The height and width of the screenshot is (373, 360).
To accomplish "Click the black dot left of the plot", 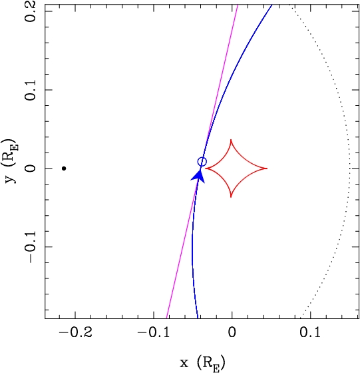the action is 64,169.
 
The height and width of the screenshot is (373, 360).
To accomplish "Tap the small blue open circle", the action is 202,162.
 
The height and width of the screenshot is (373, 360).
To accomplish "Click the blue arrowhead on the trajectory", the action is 199,176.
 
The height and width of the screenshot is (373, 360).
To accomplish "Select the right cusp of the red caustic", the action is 267,169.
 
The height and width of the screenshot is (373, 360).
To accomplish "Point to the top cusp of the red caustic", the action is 231,140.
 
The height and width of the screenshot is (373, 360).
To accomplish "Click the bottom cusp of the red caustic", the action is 231,197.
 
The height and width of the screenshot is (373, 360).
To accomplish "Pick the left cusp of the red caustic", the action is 206,169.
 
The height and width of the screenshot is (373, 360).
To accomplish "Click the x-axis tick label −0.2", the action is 75,332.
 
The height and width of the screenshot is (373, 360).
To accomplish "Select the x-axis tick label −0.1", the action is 154,332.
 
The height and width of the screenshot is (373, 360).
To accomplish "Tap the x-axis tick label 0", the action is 232,332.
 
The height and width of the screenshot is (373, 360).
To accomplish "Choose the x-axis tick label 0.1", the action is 310,332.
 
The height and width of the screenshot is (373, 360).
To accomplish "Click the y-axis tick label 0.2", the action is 30,11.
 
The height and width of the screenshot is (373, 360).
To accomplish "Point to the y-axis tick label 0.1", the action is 30,90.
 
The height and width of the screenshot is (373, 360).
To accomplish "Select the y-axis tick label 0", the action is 30,169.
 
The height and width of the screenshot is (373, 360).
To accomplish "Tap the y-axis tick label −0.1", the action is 30,247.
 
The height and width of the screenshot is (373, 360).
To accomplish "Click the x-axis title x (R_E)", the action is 202,363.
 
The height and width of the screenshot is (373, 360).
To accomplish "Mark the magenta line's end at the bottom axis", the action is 166,318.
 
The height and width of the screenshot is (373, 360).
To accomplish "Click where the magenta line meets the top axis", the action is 238,5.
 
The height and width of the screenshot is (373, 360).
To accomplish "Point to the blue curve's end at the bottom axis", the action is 198,318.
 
